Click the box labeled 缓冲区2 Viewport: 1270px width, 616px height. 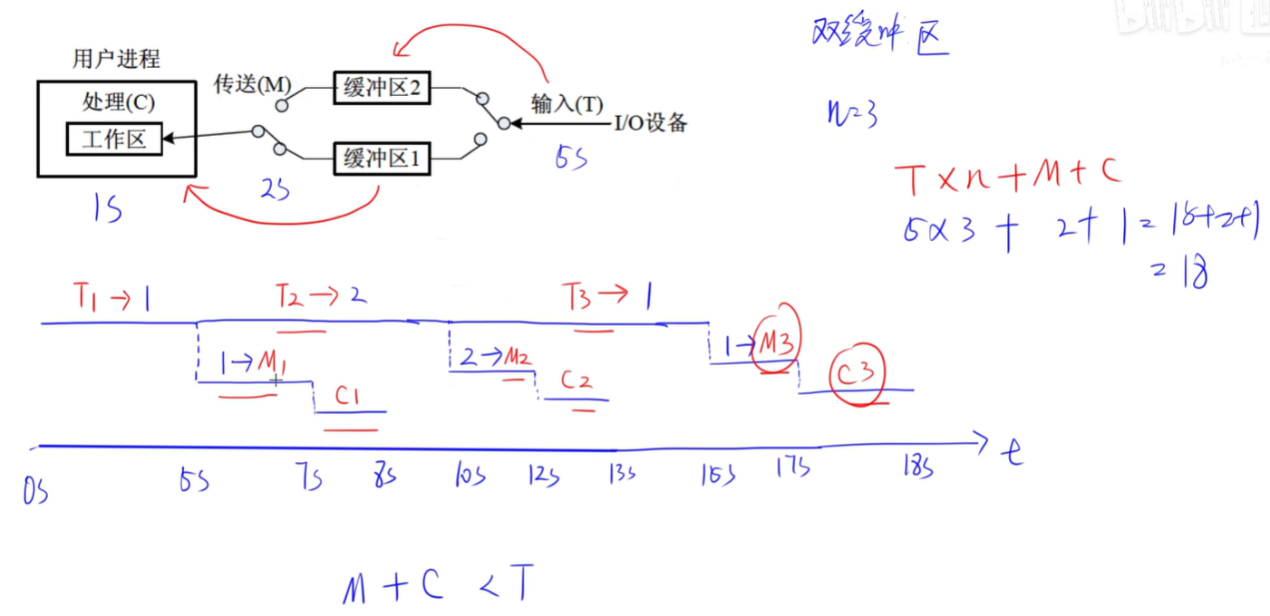point(380,88)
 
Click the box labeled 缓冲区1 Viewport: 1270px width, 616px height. point(380,159)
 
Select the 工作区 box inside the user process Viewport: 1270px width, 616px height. point(113,139)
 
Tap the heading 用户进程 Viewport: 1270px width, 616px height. point(116,60)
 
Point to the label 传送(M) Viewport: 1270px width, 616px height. point(251,85)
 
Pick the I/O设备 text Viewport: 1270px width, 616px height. point(650,123)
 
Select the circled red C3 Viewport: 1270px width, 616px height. point(856,372)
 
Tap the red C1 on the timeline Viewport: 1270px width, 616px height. point(349,396)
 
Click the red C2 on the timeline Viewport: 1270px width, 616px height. point(576,380)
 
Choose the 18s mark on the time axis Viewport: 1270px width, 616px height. point(916,467)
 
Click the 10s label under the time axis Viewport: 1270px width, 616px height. point(469,475)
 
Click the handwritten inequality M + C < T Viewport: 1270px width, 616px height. point(436,587)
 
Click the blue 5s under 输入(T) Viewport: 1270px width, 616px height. point(571,158)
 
